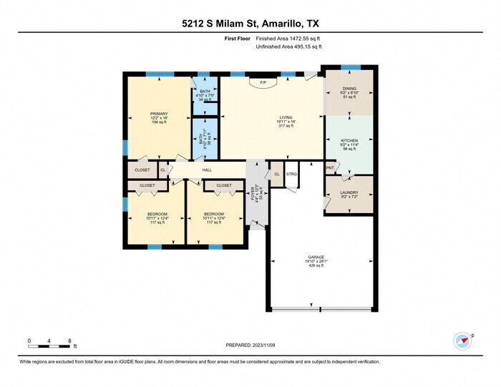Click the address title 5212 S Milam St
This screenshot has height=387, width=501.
[x=250, y=23]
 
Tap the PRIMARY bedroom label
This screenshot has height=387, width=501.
[x=158, y=114]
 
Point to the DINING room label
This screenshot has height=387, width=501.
[x=349, y=89]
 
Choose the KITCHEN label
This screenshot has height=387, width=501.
[x=349, y=141]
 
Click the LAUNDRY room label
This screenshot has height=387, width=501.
[x=349, y=192]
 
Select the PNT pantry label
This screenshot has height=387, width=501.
[x=330, y=168]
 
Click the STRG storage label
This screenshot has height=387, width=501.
[x=291, y=174]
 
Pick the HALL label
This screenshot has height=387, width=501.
[x=207, y=170]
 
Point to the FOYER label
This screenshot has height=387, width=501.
[x=253, y=192]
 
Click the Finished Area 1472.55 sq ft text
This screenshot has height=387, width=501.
[x=288, y=39]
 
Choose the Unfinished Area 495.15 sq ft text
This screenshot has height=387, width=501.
[x=289, y=46]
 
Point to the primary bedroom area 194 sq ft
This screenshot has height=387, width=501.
[x=158, y=123]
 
